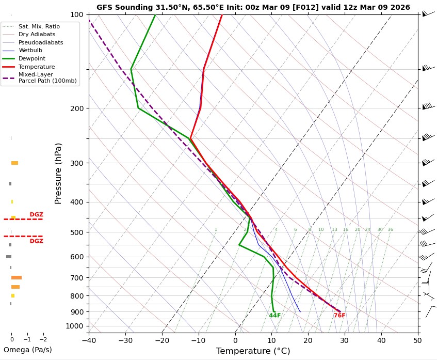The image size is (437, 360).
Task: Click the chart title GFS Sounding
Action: (x=253, y=7)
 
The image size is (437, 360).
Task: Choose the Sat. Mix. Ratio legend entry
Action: (x=39, y=26)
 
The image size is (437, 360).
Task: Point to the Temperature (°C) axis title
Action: (x=253, y=351)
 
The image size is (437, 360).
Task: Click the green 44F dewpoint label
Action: (x=274, y=316)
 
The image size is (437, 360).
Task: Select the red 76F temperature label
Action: (x=339, y=316)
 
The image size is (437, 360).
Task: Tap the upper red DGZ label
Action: (x=36, y=214)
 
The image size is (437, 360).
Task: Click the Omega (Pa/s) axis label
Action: (x=28, y=350)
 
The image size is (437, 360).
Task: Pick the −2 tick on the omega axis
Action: (x=43, y=339)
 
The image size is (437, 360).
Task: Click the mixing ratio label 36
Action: (x=390, y=229)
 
